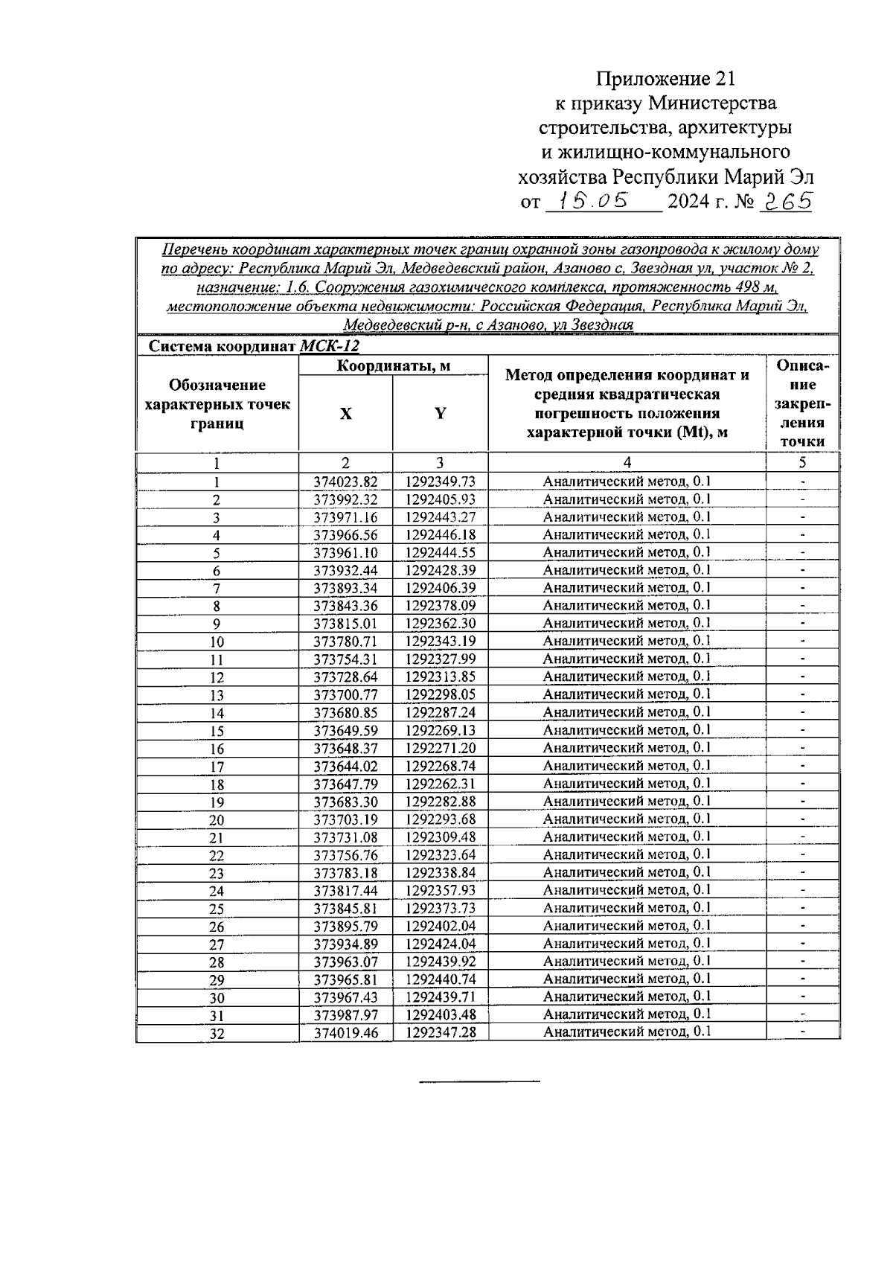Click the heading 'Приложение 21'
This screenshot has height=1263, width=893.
click(665, 78)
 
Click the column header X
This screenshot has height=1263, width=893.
click(345, 414)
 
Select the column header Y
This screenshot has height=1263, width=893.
click(441, 414)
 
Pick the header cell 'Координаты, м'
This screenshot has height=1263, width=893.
click(394, 366)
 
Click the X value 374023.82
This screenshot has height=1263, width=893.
click(345, 482)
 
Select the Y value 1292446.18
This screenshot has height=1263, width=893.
click(441, 535)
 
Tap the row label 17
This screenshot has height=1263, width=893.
click(217, 767)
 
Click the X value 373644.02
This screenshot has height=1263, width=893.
click(345, 766)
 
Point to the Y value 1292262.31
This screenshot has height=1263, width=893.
click(441, 784)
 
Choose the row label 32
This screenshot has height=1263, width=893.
click(217, 1034)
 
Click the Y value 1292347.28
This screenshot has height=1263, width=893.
click(441, 1032)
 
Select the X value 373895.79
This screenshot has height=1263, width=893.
click(345, 926)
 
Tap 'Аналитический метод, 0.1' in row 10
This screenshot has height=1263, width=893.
click(627, 641)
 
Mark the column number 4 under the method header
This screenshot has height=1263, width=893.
click(627, 462)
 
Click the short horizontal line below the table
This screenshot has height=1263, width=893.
click(479, 1080)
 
